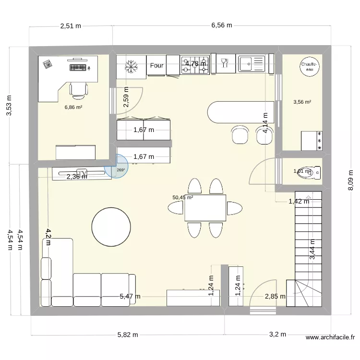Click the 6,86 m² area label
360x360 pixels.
click(x=73, y=107)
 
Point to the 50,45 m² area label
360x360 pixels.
click(x=183, y=197)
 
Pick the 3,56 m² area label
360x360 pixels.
click(x=302, y=102)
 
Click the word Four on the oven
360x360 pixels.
click(x=156, y=66)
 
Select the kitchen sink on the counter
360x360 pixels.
click(x=252, y=64)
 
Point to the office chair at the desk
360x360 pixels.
click(x=78, y=88)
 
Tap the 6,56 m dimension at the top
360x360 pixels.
click(x=221, y=25)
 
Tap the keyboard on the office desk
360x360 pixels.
click(x=78, y=67)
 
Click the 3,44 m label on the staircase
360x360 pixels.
click(x=312, y=250)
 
